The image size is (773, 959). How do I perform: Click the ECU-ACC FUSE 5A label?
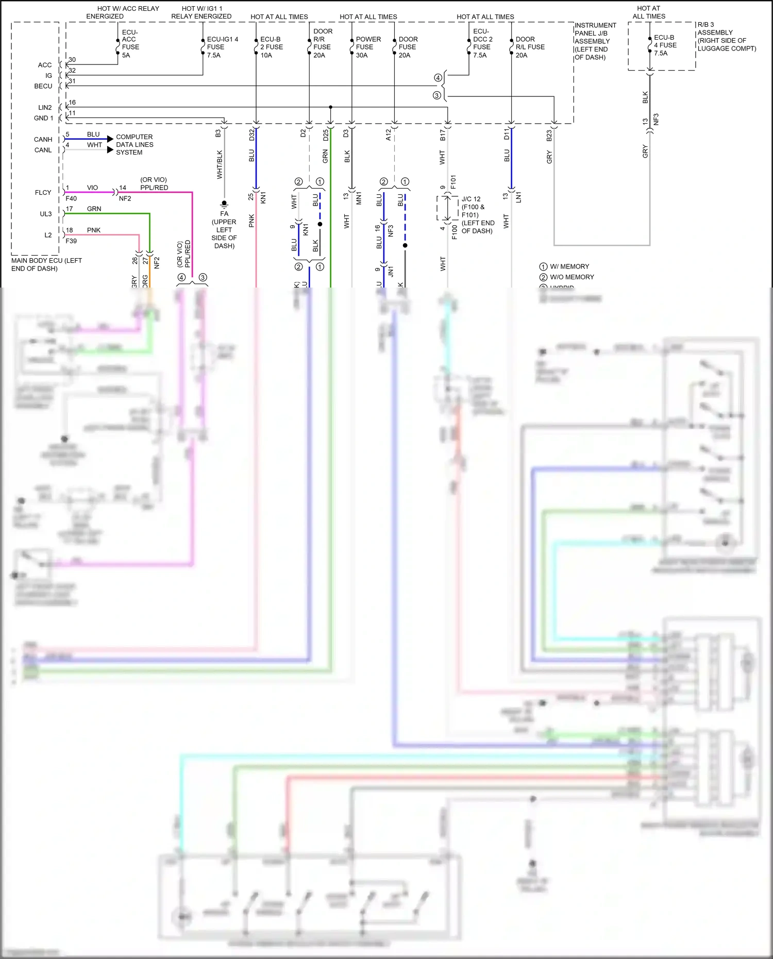pyautogui.click(x=130, y=43)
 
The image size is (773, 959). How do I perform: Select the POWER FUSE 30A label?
pyautogui.click(x=368, y=47)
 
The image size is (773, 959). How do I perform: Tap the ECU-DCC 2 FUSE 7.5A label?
pyautogui.click(x=483, y=43)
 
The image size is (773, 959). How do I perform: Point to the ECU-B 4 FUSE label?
pyautogui.click(x=665, y=45)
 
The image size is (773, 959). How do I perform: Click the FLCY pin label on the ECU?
pyautogui.click(x=43, y=193)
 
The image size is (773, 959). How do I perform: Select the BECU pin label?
pyautogui.click(x=43, y=86)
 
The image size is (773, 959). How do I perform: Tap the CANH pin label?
pyautogui.click(x=43, y=140)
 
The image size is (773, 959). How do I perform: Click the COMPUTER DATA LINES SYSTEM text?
pyautogui.click(x=135, y=145)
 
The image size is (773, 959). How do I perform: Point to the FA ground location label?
pyautogui.click(x=224, y=229)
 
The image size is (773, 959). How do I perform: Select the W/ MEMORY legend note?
pyautogui.click(x=569, y=266)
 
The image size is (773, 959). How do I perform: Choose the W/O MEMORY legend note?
pyautogui.click(x=572, y=277)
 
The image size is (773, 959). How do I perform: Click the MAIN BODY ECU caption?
pyautogui.click(x=46, y=264)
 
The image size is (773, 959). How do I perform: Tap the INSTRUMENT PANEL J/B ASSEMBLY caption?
pyautogui.click(x=595, y=41)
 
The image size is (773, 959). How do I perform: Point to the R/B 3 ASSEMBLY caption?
pyautogui.click(x=726, y=37)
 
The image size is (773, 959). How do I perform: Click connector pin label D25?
pyautogui.click(x=326, y=135)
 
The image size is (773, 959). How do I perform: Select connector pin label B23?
pyautogui.click(x=549, y=136)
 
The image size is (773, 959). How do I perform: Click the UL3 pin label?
pyautogui.click(x=46, y=214)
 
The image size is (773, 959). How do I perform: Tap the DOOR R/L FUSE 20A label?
pyautogui.click(x=530, y=47)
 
